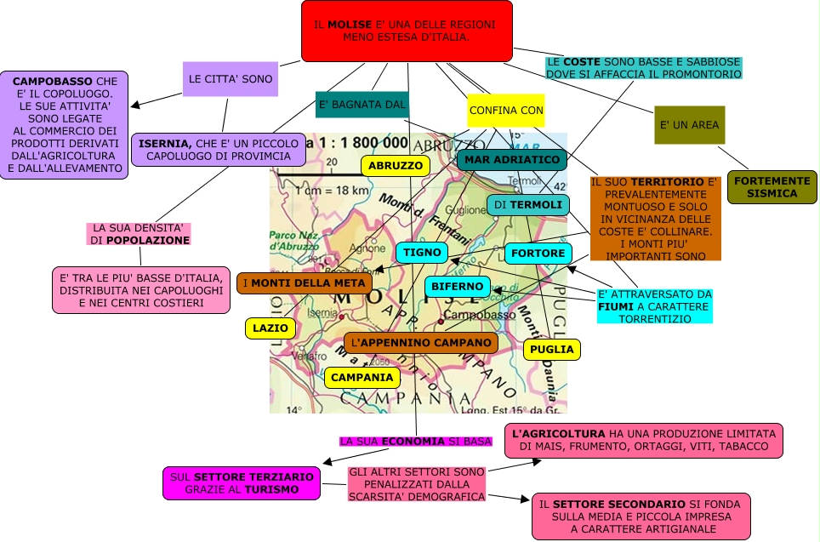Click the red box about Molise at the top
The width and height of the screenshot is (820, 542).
point(407,31)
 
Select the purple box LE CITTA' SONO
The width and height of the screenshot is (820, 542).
point(231,79)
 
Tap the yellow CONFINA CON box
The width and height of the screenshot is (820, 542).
point(505,111)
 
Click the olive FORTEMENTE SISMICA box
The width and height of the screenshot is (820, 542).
point(772,187)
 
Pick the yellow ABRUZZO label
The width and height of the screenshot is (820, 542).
point(395,166)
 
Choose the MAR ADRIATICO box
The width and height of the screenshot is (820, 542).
point(511,160)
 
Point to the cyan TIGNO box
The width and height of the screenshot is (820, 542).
point(422,253)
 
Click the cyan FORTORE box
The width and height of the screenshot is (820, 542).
point(538,254)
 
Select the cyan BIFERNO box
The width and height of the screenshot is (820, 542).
point(457,287)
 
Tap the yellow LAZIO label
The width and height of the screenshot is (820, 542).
point(271,328)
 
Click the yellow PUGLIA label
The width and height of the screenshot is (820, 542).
point(551,349)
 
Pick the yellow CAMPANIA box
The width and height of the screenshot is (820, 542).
point(362,377)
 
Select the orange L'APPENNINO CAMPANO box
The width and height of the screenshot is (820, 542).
point(421,342)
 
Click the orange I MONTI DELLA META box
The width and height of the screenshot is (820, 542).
point(304,283)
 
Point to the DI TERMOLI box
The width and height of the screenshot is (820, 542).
point(527,205)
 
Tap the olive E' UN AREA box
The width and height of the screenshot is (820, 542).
point(689,125)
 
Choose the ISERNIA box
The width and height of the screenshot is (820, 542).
point(219,150)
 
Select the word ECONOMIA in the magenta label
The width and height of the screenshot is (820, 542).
point(413,442)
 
